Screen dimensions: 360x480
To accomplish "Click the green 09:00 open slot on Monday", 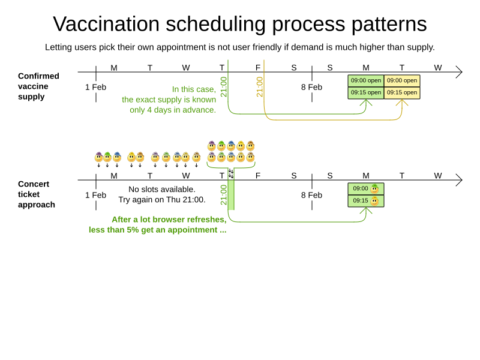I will click(366, 80).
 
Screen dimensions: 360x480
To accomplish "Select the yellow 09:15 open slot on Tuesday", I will click(402, 92).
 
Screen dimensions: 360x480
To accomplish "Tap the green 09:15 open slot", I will click(366, 92).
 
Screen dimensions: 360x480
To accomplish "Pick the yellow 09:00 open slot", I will click(402, 80).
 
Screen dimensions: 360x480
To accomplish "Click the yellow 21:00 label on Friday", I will click(260, 86).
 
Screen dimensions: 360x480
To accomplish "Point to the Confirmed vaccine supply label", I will click(38, 86).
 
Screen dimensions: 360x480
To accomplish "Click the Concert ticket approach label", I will click(37, 194).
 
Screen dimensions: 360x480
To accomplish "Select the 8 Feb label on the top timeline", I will click(311, 87).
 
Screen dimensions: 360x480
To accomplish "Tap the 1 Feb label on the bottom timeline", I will click(95, 195).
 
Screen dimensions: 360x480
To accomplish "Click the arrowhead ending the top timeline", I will click(459, 72).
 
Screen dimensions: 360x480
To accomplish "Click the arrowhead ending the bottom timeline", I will click(459, 180).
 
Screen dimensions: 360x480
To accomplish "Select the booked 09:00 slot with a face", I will click(366, 188).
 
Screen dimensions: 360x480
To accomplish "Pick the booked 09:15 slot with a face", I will click(366, 200).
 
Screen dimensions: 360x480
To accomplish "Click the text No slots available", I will click(162, 189).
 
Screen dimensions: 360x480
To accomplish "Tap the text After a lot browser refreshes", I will click(169, 219).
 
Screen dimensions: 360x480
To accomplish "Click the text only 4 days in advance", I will click(173, 110).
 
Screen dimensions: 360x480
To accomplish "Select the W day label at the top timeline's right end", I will click(438, 67).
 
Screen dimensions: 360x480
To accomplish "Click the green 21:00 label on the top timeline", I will click(224, 86).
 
